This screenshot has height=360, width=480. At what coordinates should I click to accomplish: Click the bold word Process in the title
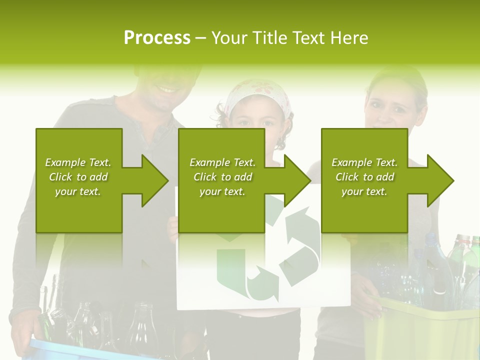[157, 38]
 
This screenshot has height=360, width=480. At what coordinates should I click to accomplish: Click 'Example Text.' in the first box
[78, 162]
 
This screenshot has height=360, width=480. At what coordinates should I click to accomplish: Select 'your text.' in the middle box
[222, 191]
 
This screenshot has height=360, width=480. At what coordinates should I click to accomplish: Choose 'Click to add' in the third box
[364, 177]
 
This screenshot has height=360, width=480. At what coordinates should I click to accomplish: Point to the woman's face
[389, 105]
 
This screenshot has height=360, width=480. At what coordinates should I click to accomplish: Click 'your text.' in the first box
[78, 191]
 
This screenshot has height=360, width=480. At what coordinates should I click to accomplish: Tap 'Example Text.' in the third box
[364, 162]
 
